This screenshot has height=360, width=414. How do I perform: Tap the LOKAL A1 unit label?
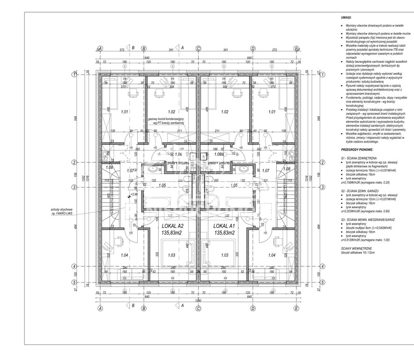pos(224,225)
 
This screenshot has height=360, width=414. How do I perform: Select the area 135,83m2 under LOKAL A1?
pos(224,232)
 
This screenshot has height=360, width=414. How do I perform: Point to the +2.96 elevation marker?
pos(134,194)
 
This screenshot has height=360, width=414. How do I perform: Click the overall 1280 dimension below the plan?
pos(198,300)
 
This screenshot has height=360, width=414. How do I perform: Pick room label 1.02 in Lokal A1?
pos(224,112)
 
